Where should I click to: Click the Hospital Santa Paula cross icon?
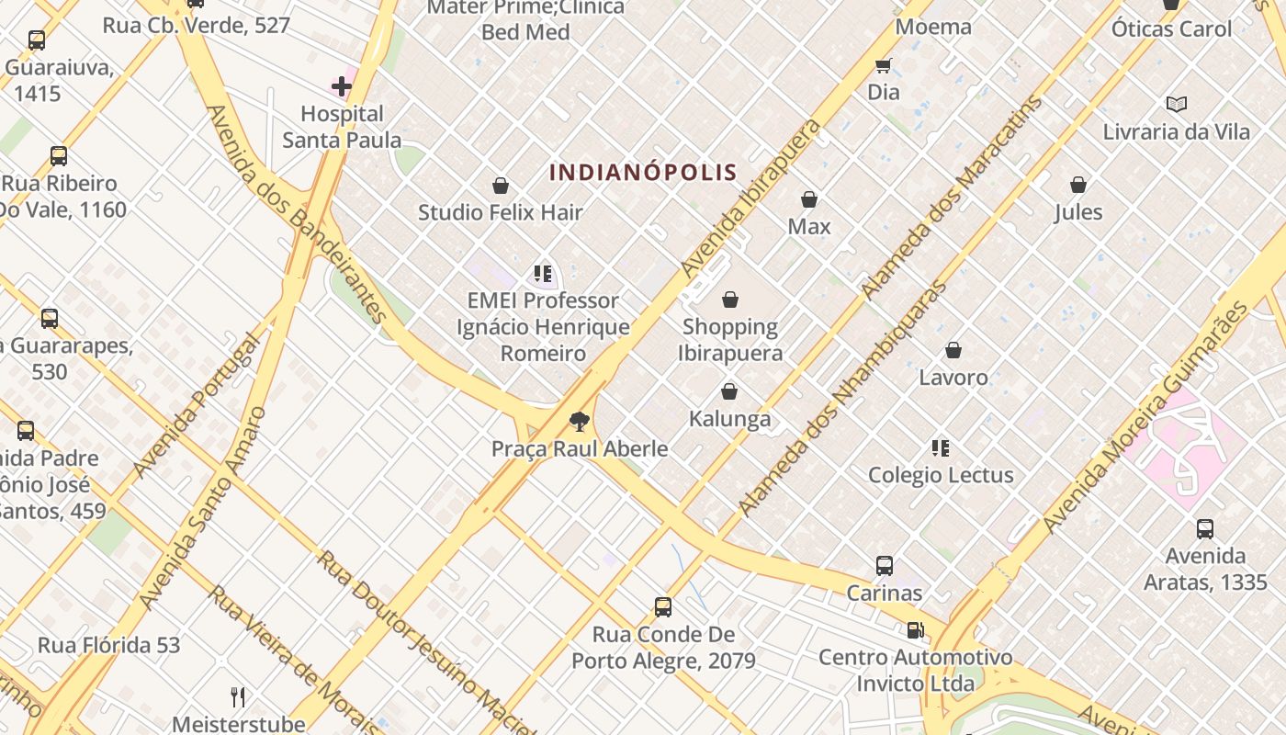342,86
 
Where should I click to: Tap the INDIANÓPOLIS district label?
643,172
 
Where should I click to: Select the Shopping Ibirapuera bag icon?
730,300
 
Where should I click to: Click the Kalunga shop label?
730,419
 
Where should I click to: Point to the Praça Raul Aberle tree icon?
579,422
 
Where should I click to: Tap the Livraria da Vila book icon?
1176,105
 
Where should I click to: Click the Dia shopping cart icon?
884,65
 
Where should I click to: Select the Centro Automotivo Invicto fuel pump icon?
915,630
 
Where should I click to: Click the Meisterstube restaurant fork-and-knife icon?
238,696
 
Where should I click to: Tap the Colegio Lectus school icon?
941,448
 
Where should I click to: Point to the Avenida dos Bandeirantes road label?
296,213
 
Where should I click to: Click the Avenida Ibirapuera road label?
751,198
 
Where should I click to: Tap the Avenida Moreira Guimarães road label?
1146,416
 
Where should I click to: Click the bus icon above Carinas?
885,566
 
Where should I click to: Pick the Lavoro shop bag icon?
953,350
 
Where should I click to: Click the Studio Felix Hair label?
501,213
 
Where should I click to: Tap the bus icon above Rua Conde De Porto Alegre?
663,607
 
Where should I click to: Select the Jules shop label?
1078,212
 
